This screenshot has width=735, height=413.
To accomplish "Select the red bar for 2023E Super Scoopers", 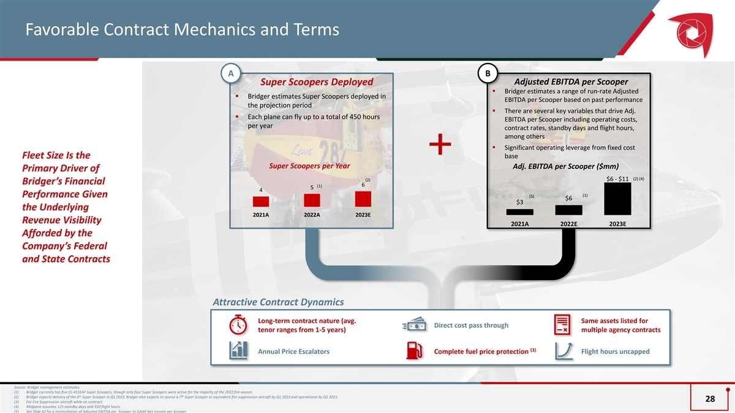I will pyautogui.click(x=363, y=199).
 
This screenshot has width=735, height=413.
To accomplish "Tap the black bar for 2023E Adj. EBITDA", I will pyautogui.click(x=617, y=199).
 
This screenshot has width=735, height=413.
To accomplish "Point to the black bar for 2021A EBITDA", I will pyautogui.click(x=519, y=212).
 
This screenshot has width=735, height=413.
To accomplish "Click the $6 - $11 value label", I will pyautogui.click(x=617, y=179).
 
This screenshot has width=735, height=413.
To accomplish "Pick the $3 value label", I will pyautogui.click(x=519, y=203).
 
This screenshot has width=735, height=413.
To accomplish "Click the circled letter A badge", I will pyautogui.click(x=230, y=73).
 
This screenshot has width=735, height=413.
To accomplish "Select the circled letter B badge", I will pyautogui.click(x=488, y=73).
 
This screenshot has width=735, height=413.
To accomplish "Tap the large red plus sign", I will pyautogui.click(x=440, y=147).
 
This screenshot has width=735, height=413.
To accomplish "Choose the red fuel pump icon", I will pyautogui.click(x=415, y=351).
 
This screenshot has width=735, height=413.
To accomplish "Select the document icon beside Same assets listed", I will pyautogui.click(x=562, y=326).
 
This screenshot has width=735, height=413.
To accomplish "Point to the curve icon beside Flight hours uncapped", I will pyautogui.click(x=562, y=351).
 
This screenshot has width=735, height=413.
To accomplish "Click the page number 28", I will pyautogui.click(x=710, y=399).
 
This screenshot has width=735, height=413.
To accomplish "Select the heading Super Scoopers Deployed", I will pyautogui.click(x=317, y=82).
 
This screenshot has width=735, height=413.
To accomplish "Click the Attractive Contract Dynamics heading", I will pyautogui.click(x=278, y=302).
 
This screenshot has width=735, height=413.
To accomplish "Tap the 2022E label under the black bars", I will pyautogui.click(x=568, y=223).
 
